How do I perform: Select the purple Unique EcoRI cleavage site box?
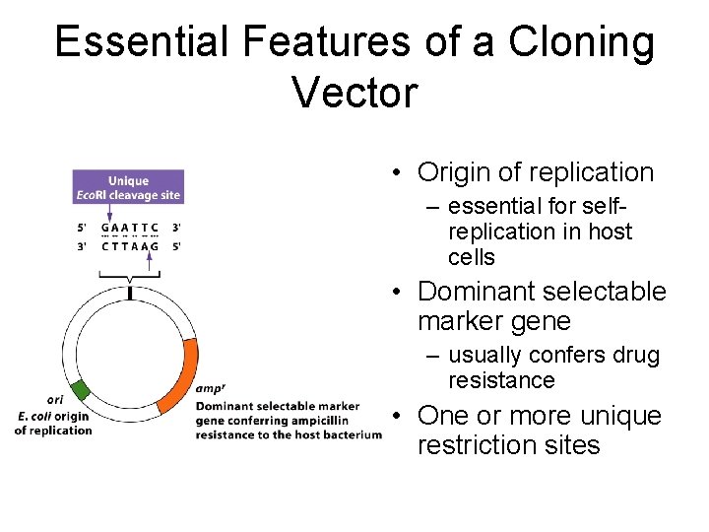pyautogui.click(x=128, y=188)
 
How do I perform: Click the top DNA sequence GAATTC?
pyautogui.click(x=130, y=229)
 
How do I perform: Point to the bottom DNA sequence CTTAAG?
pyautogui.click(x=130, y=246)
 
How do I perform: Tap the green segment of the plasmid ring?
pyautogui.click(x=79, y=389)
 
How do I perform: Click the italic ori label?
pyautogui.click(x=55, y=400)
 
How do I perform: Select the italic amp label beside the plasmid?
pyautogui.click(x=210, y=388)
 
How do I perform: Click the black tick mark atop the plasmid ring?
pyautogui.click(x=130, y=293)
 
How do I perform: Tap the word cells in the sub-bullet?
pyautogui.click(x=471, y=258)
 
